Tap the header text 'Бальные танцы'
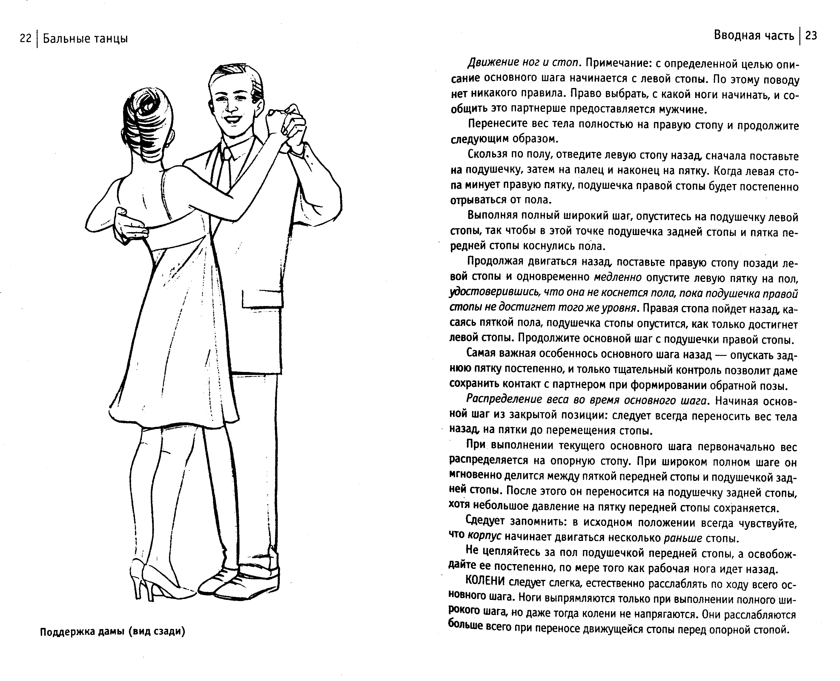click(x=85, y=38)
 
